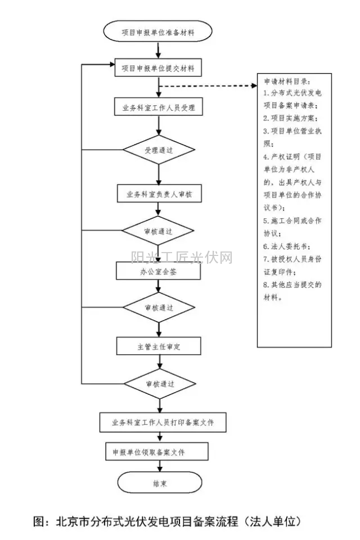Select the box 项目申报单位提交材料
pos(158,69)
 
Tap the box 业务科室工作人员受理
pos(158,107)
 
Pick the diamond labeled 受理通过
pos(159,150)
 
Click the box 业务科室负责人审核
pos(159,193)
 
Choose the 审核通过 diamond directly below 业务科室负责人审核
pos(159,231)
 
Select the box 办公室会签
pos(158,271)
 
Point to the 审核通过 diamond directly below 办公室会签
pos(159,308)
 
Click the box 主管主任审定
pos(159,346)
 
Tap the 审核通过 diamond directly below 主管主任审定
pos(159,384)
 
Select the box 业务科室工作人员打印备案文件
pos(162,422)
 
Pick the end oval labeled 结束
pos(159,483)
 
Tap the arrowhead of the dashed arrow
pos(253,86)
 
